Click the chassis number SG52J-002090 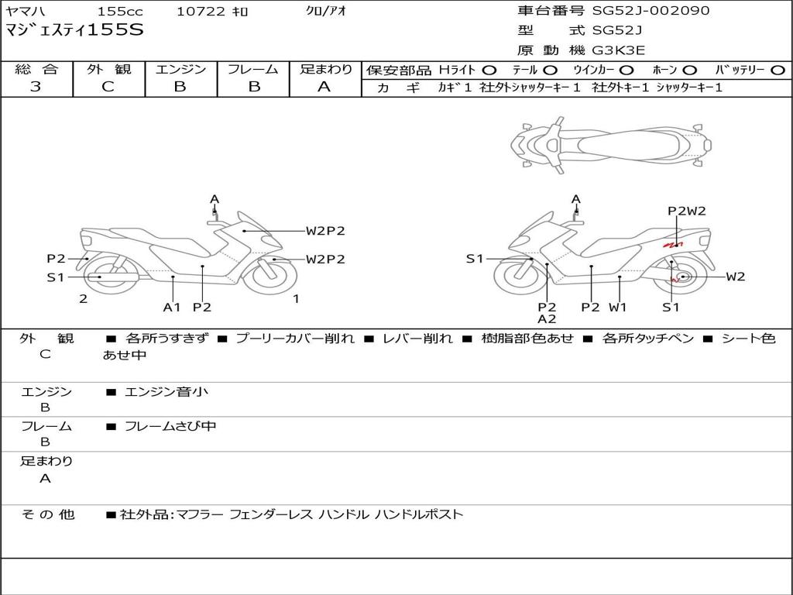651,10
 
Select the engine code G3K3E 619,50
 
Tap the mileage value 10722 201,11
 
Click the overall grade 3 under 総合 36,87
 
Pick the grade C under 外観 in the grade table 108,87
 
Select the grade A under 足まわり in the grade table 324,87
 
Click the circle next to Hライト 489,71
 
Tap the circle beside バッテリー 778,71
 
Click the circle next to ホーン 689,71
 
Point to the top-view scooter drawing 611,145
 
